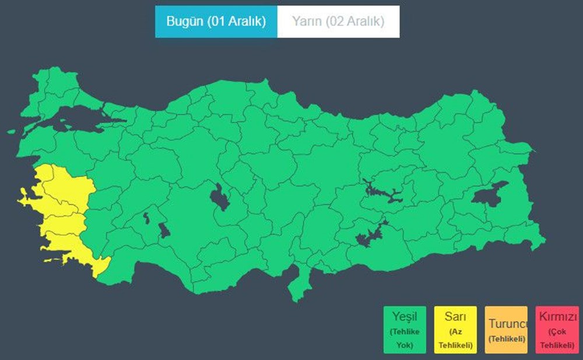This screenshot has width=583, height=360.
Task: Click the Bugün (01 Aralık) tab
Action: [x=216, y=22]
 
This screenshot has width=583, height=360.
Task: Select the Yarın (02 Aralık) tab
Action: [x=338, y=22]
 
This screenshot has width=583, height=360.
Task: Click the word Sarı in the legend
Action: [x=455, y=318]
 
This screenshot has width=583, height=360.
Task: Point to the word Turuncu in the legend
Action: [x=506, y=324]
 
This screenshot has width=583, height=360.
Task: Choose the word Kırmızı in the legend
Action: [x=558, y=318]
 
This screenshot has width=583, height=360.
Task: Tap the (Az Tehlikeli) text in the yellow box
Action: [x=455, y=338]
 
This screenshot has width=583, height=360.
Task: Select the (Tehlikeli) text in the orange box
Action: [x=506, y=338]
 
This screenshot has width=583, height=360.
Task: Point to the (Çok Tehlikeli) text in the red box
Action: [x=558, y=338]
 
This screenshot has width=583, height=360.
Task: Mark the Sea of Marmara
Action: [x=82, y=119]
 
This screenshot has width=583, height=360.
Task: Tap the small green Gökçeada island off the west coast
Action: [x=11, y=132]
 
